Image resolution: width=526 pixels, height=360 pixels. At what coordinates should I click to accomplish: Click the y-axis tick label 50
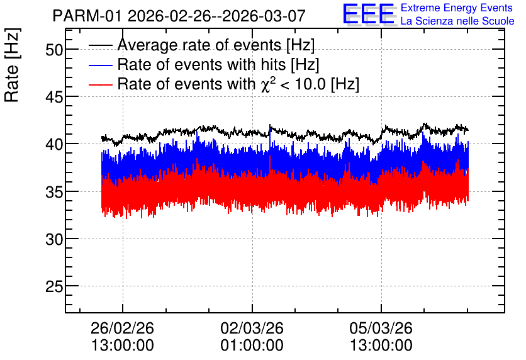(x=54, y=50)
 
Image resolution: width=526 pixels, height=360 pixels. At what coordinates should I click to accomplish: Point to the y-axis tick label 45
(x=54, y=98)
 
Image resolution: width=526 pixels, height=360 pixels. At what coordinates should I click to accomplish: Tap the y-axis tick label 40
(x=54, y=145)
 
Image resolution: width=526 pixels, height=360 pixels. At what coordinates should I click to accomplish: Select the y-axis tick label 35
(x=54, y=192)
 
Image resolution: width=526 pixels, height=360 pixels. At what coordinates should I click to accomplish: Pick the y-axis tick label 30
(x=54, y=240)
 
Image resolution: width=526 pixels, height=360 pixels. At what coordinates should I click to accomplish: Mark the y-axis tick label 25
(x=54, y=287)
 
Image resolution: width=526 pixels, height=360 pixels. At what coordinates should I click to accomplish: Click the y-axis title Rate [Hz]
(x=12, y=65)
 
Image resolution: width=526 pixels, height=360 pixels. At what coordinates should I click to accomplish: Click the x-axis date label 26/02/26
(x=123, y=328)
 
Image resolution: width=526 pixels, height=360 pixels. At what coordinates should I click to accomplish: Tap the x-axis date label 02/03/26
(x=252, y=328)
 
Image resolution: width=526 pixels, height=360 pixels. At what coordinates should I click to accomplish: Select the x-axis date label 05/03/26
(x=381, y=328)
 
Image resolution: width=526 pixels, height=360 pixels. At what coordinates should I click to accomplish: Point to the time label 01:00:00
(x=252, y=346)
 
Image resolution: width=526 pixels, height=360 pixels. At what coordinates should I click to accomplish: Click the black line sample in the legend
(x=101, y=45)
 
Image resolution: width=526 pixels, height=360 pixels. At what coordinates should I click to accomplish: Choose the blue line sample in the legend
(x=101, y=65)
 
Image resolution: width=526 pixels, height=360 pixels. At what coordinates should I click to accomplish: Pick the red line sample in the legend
(x=101, y=84)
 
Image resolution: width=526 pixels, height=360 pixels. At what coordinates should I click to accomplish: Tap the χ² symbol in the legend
(x=268, y=84)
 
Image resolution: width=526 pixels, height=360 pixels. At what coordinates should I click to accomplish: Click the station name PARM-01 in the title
(x=87, y=16)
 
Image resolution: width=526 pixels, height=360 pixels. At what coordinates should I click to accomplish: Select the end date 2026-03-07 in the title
(x=264, y=16)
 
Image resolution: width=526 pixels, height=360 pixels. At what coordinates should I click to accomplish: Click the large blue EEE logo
(x=369, y=14)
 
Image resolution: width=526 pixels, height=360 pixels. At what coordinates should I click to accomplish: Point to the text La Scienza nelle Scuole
(x=457, y=21)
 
